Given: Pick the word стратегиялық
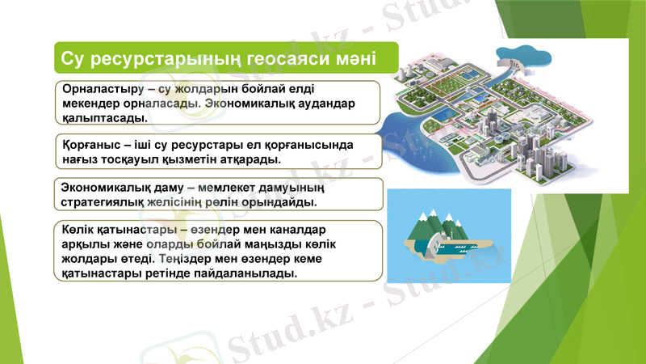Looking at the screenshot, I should click(x=108, y=201).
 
